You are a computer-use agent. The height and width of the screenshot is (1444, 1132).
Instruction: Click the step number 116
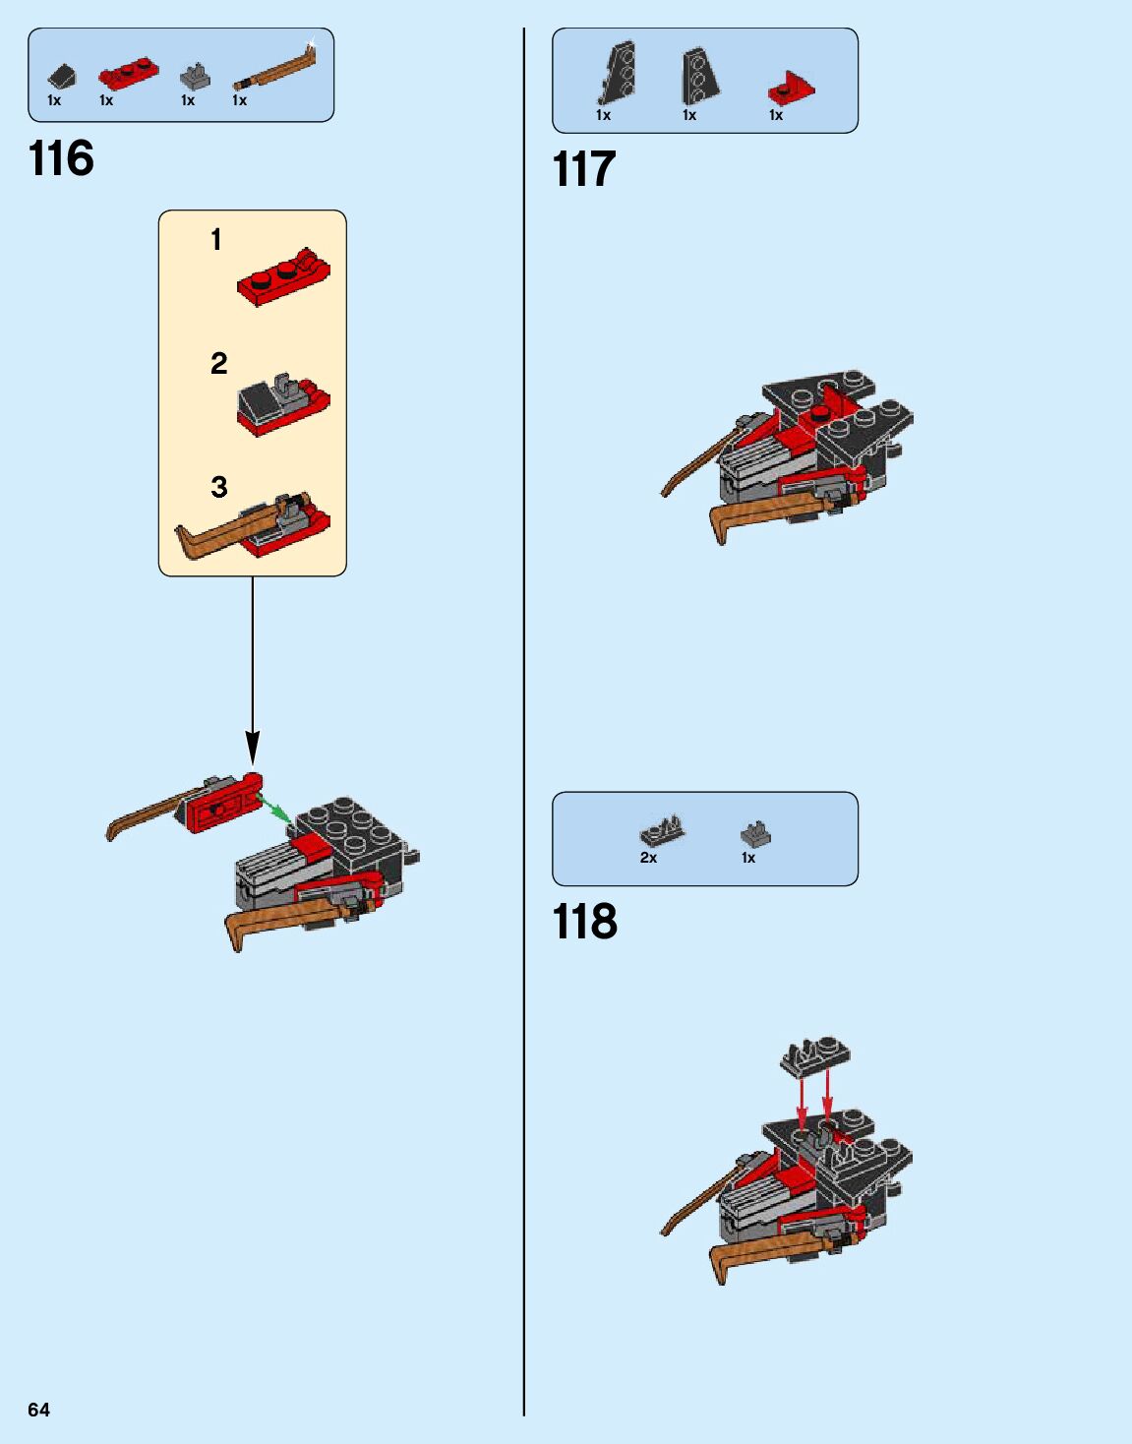click(x=61, y=158)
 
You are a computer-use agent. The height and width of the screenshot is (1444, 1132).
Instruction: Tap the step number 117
click(x=584, y=169)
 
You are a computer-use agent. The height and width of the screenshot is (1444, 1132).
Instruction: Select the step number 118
click(x=585, y=922)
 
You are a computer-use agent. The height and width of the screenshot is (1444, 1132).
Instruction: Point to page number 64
click(x=38, y=1410)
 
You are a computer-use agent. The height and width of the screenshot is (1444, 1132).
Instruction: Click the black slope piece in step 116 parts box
click(x=61, y=76)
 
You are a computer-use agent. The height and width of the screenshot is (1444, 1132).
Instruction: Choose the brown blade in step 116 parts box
click(x=276, y=70)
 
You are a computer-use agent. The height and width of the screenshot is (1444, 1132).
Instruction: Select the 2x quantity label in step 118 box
click(x=648, y=858)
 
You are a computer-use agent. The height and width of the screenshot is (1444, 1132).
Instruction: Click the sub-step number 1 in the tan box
click(x=216, y=239)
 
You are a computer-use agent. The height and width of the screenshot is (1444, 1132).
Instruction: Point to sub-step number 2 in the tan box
click(x=218, y=364)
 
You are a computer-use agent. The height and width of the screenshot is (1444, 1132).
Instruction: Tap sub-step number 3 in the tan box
click(x=218, y=487)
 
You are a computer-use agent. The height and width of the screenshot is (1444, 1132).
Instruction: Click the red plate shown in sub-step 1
click(x=282, y=277)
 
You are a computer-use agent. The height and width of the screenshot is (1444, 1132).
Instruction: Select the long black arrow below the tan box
click(x=253, y=669)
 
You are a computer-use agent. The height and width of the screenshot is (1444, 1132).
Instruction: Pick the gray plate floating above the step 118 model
click(x=815, y=1055)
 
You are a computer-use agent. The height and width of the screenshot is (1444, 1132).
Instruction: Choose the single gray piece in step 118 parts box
click(x=754, y=835)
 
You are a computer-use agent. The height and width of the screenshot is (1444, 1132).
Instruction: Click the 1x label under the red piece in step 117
click(x=776, y=115)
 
